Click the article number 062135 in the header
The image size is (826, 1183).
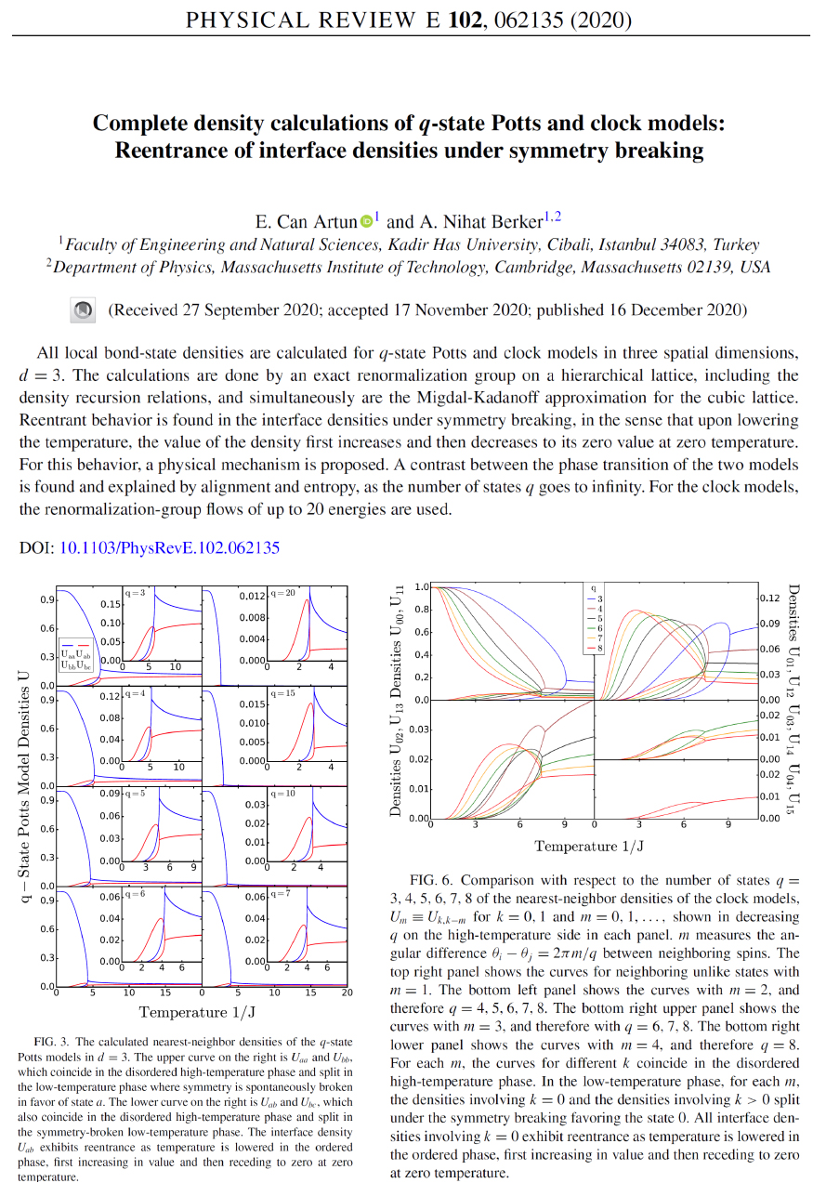pyautogui.click(x=562, y=20)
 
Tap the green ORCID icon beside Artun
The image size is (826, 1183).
pyautogui.click(x=366, y=221)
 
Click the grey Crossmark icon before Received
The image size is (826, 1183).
pyautogui.click(x=84, y=309)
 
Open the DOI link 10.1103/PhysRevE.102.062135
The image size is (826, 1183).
pyautogui.click(x=169, y=548)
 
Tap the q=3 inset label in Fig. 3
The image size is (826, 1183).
pyautogui.click(x=136, y=592)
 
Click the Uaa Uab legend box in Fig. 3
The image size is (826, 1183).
pyautogui.click(x=76, y=656)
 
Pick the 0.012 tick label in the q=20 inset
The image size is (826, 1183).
pyautogui.click(x=252, y=597)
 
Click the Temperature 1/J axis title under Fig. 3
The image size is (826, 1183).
pyautogui.click(x=196, y=1011)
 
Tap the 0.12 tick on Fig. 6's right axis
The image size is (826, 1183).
pyautogui.click(x=773, y=598)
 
